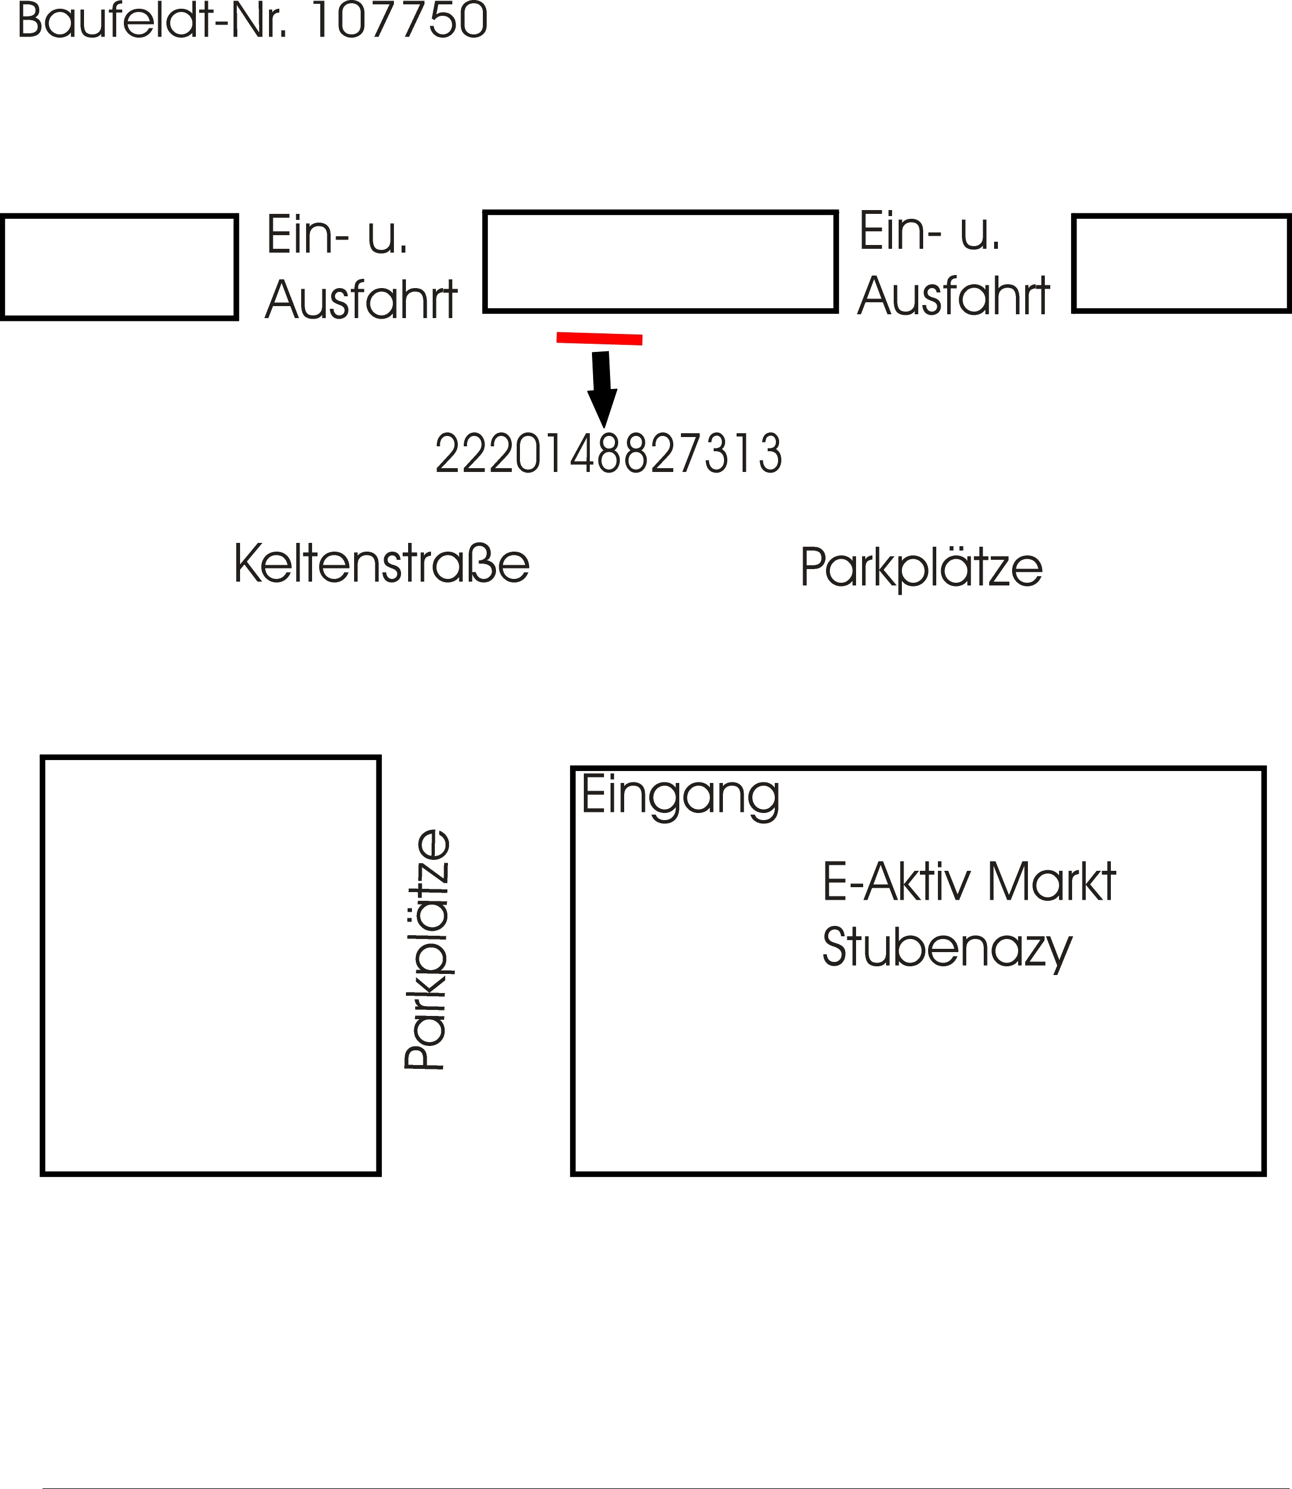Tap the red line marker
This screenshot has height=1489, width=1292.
[599, 338]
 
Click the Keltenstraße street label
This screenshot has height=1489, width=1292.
[381, 564]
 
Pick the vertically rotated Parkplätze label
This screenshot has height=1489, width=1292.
[427, 949]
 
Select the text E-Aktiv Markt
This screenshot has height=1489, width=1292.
[969, 882]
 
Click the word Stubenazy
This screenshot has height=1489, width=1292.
[947, 949]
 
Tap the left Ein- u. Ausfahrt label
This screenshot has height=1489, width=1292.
[361, 267]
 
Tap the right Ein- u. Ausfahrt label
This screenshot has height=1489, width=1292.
[954, 264]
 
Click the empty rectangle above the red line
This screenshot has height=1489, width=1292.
[660, 262]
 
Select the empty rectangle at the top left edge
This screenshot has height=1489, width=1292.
[119, 267]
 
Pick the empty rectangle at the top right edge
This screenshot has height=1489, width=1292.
[1182, 263]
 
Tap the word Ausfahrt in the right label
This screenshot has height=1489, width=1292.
[954, 296]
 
